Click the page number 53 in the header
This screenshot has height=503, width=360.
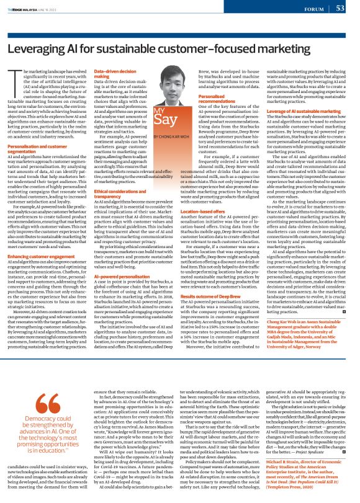click(340, 8)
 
